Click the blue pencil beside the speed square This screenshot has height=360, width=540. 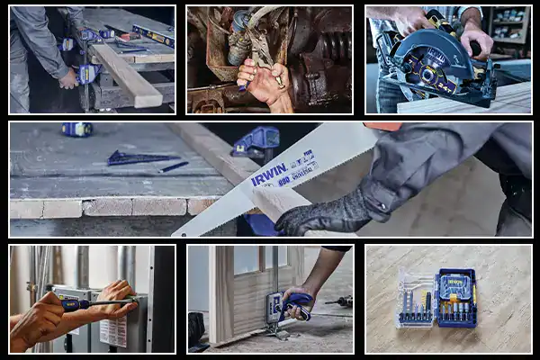[173, 166]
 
